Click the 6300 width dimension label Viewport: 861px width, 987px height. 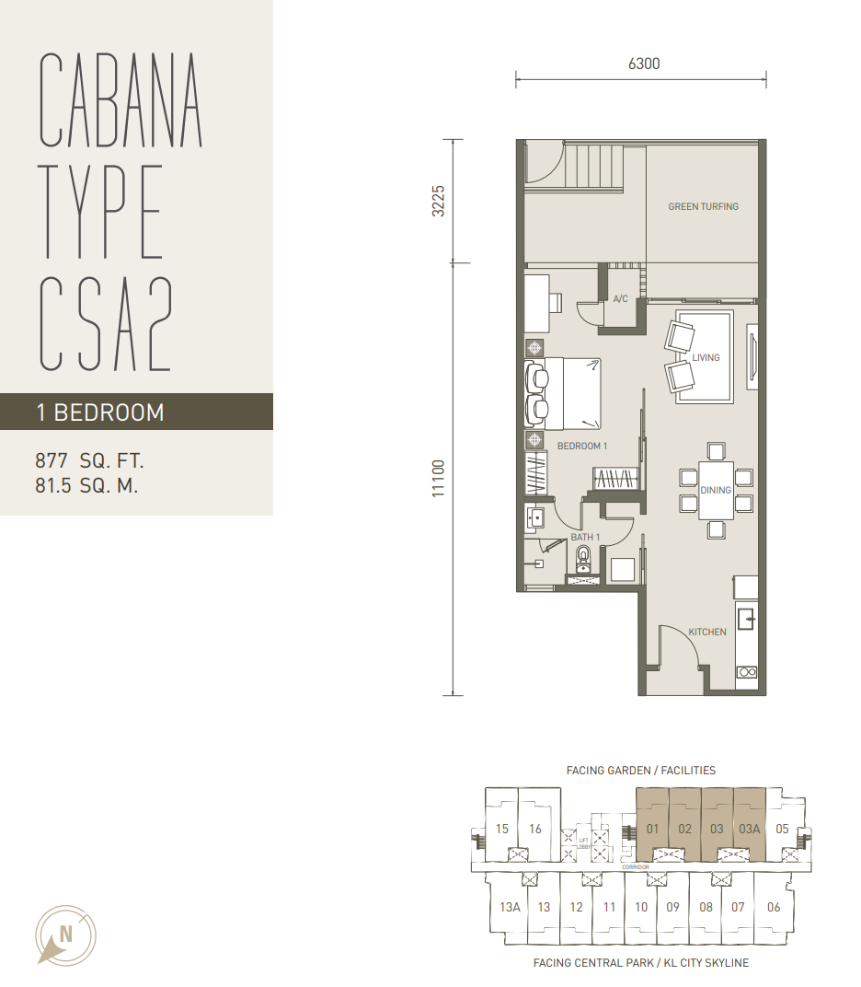coord(644,64)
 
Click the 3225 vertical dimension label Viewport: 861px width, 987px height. coord(439,201)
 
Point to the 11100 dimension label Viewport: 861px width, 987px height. coord(439,479)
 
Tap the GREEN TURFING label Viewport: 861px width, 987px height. coord(703,206)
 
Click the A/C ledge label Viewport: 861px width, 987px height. coord(620,299)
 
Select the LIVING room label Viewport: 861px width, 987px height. coord(706,357)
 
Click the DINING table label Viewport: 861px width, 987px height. coord(716,490)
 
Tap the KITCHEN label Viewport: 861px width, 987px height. coord(706,632)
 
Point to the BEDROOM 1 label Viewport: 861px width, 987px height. coord(581,446)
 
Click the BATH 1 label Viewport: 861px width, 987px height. coord(585,537)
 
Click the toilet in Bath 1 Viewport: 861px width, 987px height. coord(583,559)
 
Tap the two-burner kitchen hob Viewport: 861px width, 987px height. coord(747,672)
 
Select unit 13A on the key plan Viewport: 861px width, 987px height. coord(510,907)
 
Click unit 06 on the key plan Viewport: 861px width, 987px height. coord(774,907)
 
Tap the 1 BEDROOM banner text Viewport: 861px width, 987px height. coord(100,412)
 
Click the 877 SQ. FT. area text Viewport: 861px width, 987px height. coord(89,460)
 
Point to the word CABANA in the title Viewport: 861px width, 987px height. coord(121,100)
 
